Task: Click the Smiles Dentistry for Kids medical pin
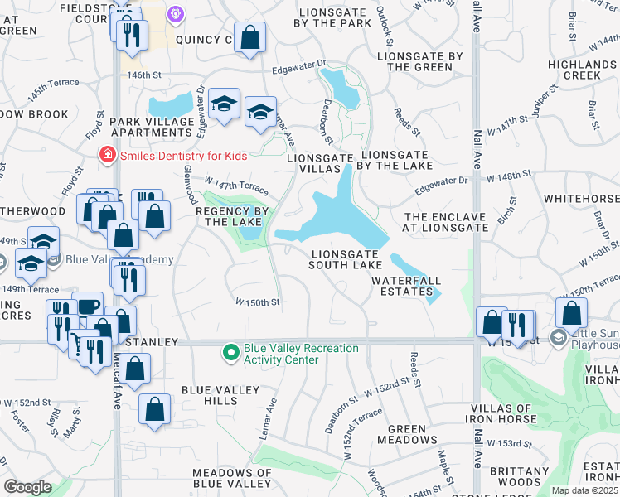click(106, 154)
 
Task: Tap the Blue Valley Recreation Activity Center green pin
click(231, 353)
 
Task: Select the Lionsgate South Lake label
click(346, 259)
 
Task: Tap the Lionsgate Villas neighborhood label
click(313, 162)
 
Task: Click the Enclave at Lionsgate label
click(445, 221)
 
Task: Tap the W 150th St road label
click(258, 302)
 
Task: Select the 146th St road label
click(143, 75)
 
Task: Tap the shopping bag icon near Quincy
click(249, 36)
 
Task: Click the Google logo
click(27, 487)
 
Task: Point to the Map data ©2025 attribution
click(584, 490)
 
